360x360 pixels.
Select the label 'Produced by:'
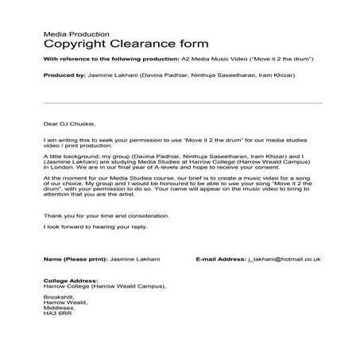pos(64,75)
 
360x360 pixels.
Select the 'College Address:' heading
pos(71,281)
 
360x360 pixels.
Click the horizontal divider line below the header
pos(182,103)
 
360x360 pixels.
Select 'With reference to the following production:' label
pos(110,60)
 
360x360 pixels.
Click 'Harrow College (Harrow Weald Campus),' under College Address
pos(104,286)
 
